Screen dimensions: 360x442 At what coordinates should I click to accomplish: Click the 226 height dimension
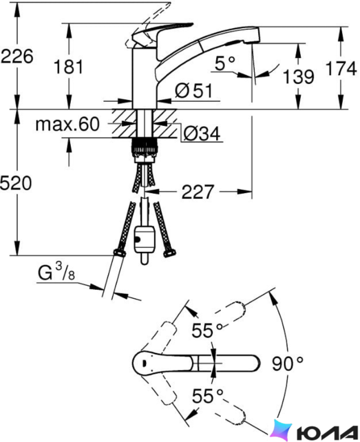coord(17,56)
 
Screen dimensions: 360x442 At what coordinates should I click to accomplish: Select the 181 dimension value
coord(68,67)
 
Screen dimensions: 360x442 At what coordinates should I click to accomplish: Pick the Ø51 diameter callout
coord(193,91)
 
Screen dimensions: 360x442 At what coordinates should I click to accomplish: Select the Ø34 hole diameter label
coord(202,133)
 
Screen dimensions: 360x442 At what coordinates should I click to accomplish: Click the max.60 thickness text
coord(68,124)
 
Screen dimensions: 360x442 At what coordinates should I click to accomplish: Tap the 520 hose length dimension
coord(16,183)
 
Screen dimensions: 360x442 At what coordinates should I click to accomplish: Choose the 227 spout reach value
coord(198,192)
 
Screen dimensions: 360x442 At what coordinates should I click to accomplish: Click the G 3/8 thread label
coord(56,272)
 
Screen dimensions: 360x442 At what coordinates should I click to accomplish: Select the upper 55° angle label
coord(207,330)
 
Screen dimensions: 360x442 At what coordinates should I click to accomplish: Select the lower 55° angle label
coord(208,396)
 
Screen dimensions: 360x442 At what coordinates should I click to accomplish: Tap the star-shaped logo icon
coord(280,430)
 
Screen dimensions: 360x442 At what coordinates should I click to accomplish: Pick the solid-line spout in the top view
coord(196,363)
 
